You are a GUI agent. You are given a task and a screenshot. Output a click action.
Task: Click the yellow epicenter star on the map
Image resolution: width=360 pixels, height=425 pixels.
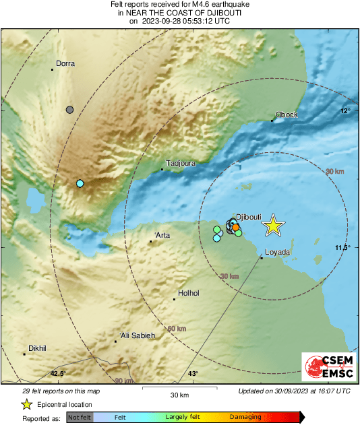[x=273, y=226]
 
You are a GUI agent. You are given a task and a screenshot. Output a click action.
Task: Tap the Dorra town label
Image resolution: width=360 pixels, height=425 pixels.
[x=65, y=64]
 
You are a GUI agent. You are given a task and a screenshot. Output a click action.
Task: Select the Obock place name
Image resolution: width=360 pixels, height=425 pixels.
[x=287, y=115]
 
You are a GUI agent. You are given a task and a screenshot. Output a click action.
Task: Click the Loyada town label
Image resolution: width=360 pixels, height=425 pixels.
[x=277, y=252]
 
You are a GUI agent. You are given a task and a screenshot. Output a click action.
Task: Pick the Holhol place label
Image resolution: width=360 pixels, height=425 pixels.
[x=189, y=293]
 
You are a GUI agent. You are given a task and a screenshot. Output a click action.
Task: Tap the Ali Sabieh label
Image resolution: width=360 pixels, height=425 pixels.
[x=138, y=335]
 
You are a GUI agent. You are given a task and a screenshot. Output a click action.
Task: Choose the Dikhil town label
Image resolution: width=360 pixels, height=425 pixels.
[x=37, y=348]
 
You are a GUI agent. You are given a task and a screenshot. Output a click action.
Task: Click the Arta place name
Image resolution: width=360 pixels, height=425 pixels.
[x=162, y=235]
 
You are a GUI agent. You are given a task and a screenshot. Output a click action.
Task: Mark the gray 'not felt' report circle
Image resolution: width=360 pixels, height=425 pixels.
[x=69, y=109]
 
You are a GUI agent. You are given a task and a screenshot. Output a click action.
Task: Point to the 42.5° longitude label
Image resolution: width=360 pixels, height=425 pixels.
[x=58, y=373]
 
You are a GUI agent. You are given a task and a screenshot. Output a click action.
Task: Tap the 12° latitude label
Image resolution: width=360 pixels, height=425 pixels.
[x=345, y=111]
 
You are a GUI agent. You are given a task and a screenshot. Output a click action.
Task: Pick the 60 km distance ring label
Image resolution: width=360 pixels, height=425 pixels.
[x=176, y=329]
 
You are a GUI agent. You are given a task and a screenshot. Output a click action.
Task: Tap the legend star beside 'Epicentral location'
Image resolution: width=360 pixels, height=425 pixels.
[x=26, y=404]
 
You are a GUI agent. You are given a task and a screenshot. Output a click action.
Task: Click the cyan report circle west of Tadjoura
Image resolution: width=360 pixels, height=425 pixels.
[x=80, y=184]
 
